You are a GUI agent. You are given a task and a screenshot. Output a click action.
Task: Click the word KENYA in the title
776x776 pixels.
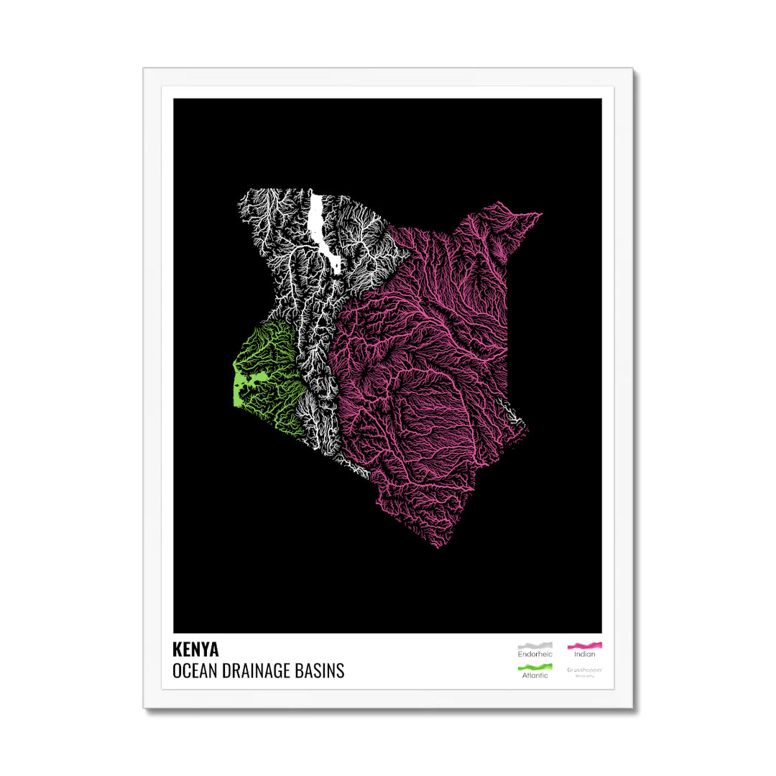click(x=195, y=650)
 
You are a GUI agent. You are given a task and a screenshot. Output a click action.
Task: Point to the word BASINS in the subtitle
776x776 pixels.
click(x=320, y=671)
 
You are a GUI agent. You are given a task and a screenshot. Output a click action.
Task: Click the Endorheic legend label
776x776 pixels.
click(x=535, y=655)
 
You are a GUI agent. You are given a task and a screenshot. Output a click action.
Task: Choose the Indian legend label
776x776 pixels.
click(x=585, y=655)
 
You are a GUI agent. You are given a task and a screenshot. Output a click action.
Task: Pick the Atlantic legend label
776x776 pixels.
click(x=535, y=675)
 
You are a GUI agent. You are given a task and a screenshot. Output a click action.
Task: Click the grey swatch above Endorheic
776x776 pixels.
click(x=535, y=646)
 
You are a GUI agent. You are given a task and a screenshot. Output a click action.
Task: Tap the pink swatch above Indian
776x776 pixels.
click(x=585, y=646)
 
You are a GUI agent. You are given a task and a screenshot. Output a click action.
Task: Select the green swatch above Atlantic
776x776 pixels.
click(x=535, y=668)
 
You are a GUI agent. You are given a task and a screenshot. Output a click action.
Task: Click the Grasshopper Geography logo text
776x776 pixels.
click(x=585, y=670)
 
